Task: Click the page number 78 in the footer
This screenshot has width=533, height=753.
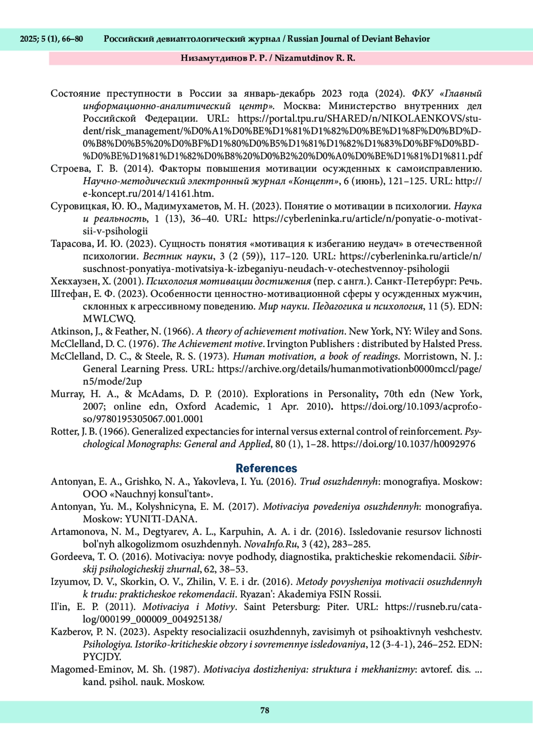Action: coord(265,710)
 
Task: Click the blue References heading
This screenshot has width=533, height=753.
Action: coord(266,468)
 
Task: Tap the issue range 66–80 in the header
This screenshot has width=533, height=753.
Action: coord(72,39)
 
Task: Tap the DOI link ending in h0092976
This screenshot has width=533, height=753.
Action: coord(403,444)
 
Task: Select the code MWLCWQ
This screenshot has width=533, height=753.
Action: coord(108,319)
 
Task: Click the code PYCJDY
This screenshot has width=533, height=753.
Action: coord(102,657)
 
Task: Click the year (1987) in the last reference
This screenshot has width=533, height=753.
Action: coord(187,670)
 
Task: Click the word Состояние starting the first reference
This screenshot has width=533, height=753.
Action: coord(74,94)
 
